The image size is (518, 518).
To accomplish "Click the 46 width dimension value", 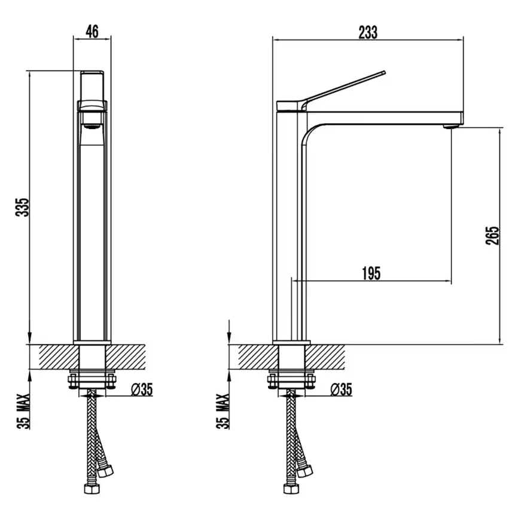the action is (92, 31).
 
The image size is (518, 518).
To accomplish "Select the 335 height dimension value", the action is (23, 208).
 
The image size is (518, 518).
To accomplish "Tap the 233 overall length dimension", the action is (368, 32).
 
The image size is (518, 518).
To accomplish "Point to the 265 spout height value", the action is (492, 235).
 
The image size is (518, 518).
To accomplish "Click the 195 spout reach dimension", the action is (371, 273).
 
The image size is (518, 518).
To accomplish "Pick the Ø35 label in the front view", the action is (142, 389).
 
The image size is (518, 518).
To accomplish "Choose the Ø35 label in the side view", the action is (342, 389).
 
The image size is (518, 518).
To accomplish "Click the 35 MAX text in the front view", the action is (23, 412).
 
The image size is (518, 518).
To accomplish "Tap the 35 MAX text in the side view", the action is (223, 412).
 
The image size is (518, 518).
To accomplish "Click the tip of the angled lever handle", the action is (384, 72).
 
